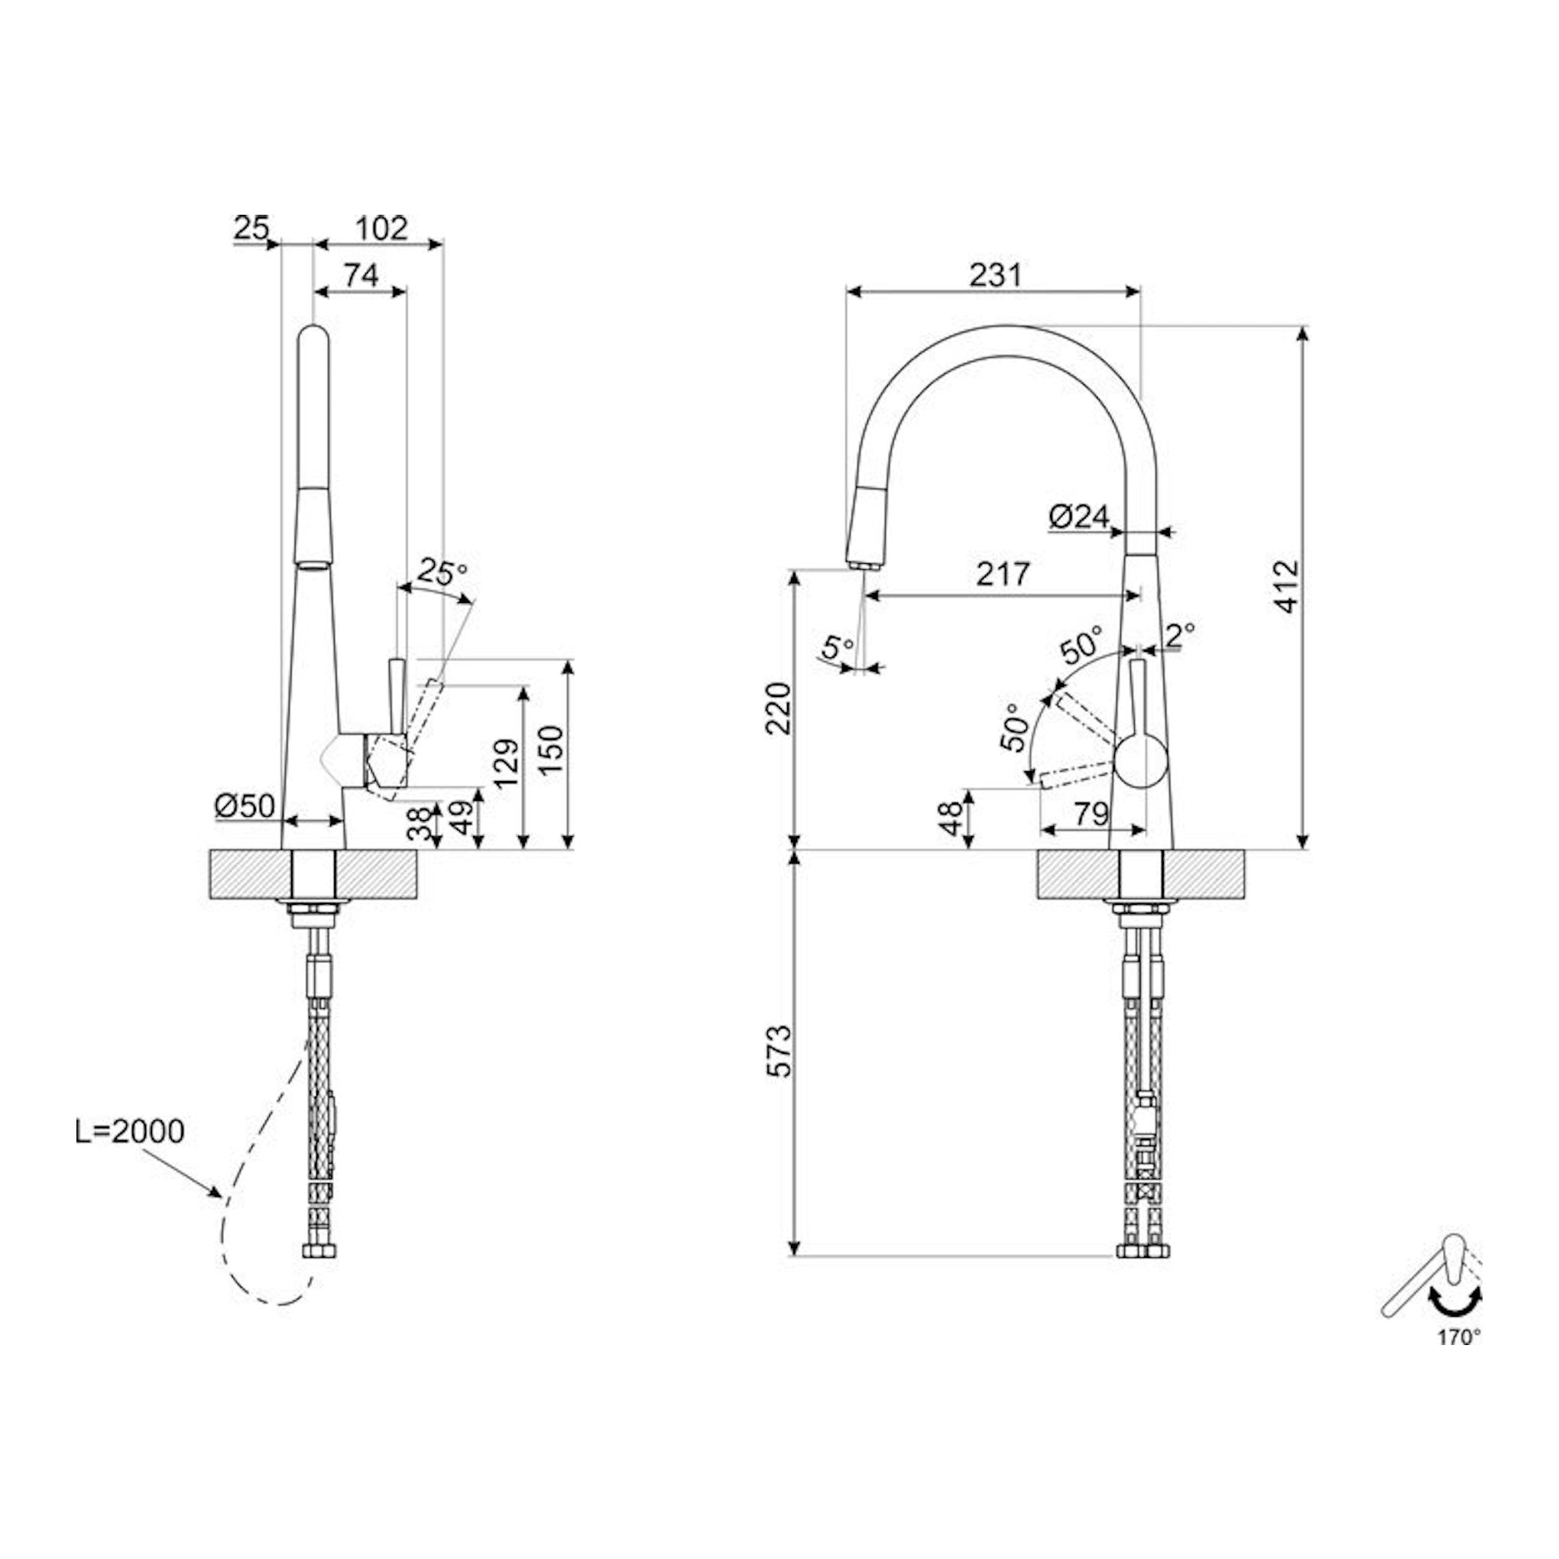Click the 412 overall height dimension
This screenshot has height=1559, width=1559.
(x=1288, y=586)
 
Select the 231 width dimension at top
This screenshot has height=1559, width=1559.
(x=995, y=275)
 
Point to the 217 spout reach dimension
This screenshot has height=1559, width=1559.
(x=1004, y=574)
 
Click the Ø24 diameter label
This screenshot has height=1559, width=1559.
(x=1081, y=517)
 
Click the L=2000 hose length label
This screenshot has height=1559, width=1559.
(x=130, y=1131)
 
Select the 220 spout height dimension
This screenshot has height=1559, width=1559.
(x=779, y=708)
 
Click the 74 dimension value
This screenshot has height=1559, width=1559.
(x=361, y=276)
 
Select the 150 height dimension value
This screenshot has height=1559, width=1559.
(x=552, y=750)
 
